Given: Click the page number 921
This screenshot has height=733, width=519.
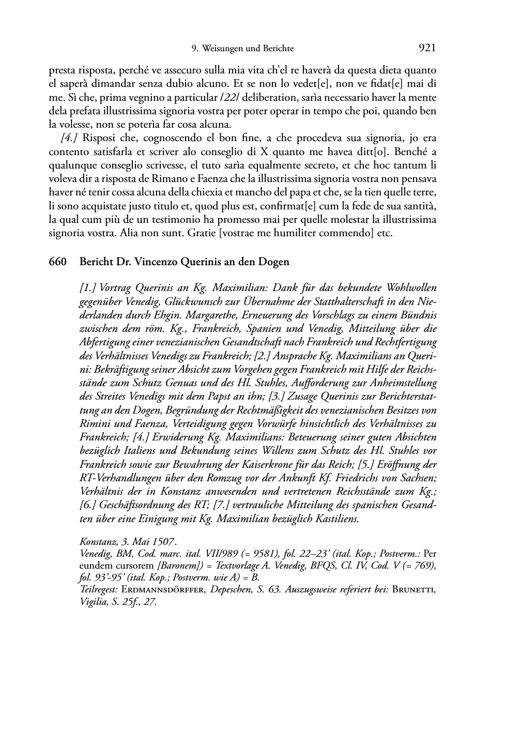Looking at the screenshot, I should point(427,48).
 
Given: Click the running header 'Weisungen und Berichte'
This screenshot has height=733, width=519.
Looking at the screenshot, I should point(248,49).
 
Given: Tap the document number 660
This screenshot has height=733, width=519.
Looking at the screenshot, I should point(57,262).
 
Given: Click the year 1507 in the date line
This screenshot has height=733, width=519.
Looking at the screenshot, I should point(163,542).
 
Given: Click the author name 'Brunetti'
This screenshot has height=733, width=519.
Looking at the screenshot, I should point(415,590).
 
